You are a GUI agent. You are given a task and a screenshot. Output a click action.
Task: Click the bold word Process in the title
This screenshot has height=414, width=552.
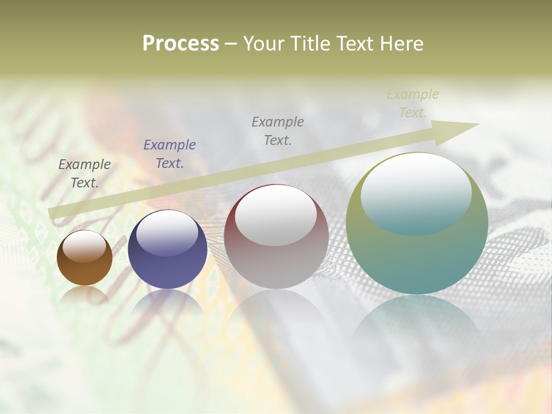tap(181, 44)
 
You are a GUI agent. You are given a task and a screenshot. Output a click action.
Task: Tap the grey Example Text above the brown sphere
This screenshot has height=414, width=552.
tap(85, 174)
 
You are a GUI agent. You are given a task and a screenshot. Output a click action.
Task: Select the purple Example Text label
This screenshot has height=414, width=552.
tap(170, 154)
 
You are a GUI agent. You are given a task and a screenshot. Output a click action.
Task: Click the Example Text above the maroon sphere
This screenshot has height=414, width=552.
tap(278, 131)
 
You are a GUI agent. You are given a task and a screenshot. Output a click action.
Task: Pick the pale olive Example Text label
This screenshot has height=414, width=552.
tap(413, 103)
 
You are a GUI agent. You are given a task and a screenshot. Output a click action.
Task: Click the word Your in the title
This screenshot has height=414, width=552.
tap(265, 44)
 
